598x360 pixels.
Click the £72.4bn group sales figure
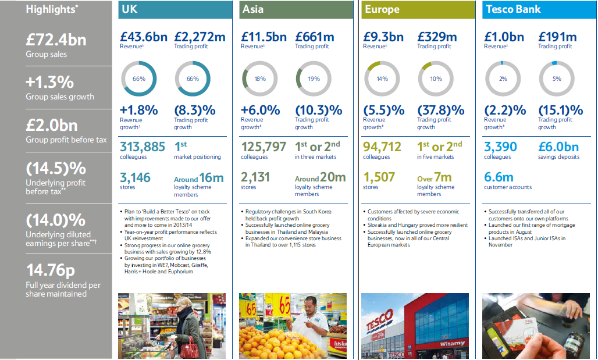[x=56, y=40]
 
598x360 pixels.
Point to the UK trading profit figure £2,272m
[x=199, y=37]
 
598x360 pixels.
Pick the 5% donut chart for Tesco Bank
[x=556, y=79]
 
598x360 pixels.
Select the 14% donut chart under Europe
[x=381, y=79]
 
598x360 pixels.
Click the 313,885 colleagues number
[x=143, y=147]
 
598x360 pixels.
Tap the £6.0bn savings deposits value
[x=559, y=147]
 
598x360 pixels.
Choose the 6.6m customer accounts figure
[x=499, y=177]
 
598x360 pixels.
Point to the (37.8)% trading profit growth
[x=441, y=110]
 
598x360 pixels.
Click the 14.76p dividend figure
[x=51, y=270]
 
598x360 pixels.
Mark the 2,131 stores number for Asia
[x=255, y=177]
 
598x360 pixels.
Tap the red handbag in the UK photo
[x=188, y=348]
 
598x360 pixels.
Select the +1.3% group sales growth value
[x=49, y=82]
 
